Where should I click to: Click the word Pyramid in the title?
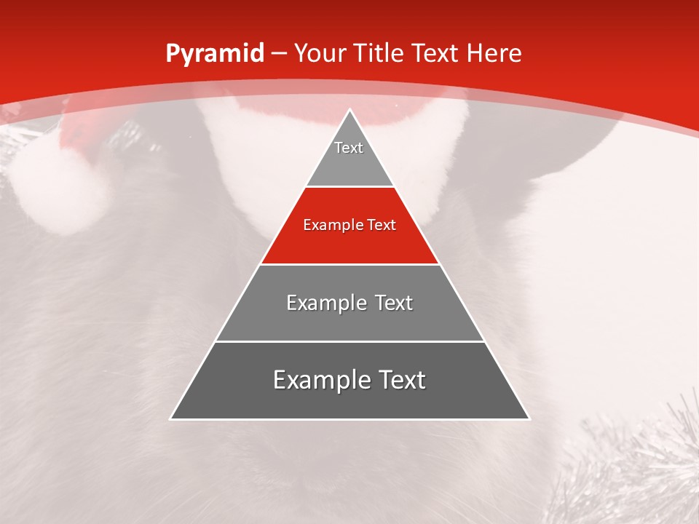click(x=214, y=54)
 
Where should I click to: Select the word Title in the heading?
click(x=379, y=54)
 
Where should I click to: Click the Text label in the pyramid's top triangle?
click(x=349, y=148)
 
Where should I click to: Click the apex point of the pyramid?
click(x=349, y=111)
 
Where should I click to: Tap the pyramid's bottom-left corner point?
click(x=171, y=418)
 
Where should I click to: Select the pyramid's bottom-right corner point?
click(x=529, y=418)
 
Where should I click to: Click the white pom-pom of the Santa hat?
click(x=55, y=182)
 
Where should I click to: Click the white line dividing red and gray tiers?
click(x=349, y=264)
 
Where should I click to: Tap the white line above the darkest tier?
click(x=349, y=341)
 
